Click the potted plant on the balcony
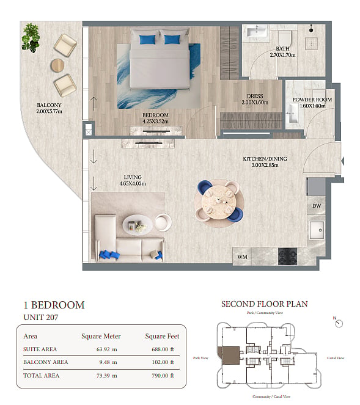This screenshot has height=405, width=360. [x=31, y=38]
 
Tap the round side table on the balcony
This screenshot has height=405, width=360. [x=57, y=65]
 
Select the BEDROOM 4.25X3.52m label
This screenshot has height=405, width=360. [x=155, y=118]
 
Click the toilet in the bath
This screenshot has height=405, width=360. [x=285, y=38]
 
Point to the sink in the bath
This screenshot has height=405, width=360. [x=256, y=32]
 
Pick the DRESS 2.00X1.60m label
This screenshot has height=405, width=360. [x=255, y=99]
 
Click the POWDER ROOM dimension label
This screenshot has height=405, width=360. [x=312, y=103]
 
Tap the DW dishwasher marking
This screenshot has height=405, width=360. [x=317, y=206]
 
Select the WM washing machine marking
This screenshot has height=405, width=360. [x=242, y=257]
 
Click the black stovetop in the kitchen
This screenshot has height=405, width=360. [x=287, y=256]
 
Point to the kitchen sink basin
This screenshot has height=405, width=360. [x=317, y=230]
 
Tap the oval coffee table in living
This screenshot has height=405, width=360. [x=138, y=225]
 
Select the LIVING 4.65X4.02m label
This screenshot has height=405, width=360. [x=133, y=180]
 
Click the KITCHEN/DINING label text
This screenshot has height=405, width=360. [x=265, y=159]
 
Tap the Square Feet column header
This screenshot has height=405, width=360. [x=162, y=336]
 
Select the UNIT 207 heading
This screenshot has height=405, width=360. [x=41, y=318]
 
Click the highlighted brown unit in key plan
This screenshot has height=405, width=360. [x=229, y=356]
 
